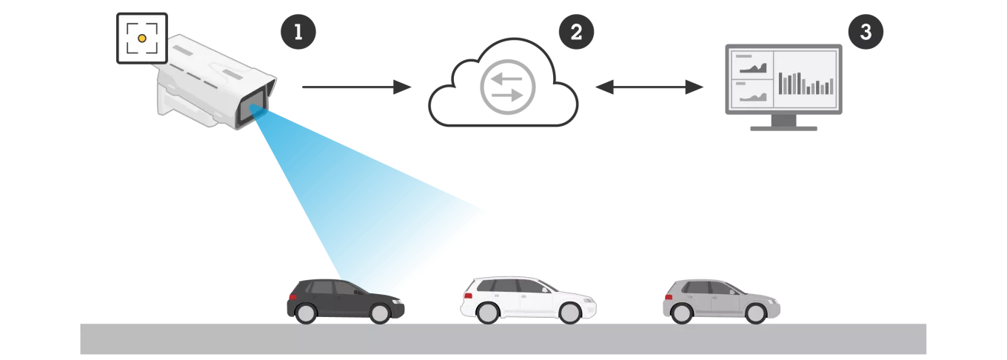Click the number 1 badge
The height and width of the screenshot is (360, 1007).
[x=298, y=32]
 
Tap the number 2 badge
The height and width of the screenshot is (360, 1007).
[x=577, y=32]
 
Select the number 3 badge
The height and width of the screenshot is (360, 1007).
[x=866, y=32]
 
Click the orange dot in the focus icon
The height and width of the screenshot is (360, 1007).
[x=141, y=38]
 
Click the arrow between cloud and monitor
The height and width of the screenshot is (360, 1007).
[x=648, y=87]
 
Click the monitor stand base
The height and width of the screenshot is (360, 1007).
[x=781, y=131]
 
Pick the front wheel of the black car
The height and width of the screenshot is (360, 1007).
[x=380, y=313]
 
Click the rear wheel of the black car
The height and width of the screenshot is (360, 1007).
[x=305, y=313]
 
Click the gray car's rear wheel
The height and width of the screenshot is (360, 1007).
[x=681, y=313]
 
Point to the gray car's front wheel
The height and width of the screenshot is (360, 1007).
[x=755, y=313]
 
